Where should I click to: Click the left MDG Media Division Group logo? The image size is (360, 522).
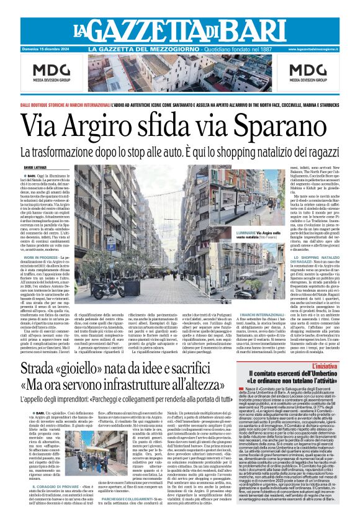click(x=52, y=74)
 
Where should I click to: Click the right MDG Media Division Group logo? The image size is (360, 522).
click(x=308, y=74)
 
